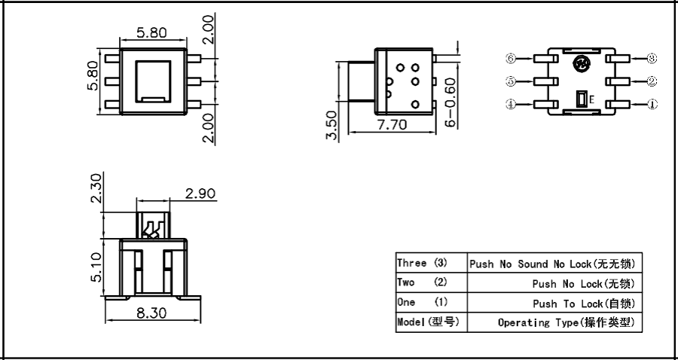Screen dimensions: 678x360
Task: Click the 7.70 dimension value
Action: (x=392, y=124)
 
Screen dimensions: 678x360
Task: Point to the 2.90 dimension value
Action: (x=200, y=194)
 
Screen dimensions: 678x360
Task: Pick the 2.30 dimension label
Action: (x=95, y=188)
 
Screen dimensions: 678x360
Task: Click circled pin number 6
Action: (x=511, y=58)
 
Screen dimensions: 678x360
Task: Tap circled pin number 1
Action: (x=652, y=105)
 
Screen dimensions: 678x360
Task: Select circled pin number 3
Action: (x=652, y=58)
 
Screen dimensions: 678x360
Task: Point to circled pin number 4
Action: (x=511, y=105)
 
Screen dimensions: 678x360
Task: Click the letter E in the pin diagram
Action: (x=591, y=99)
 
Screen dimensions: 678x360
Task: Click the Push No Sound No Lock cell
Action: (x=554, y=264)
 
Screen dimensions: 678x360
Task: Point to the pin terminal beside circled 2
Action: (x=620, y=81)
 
